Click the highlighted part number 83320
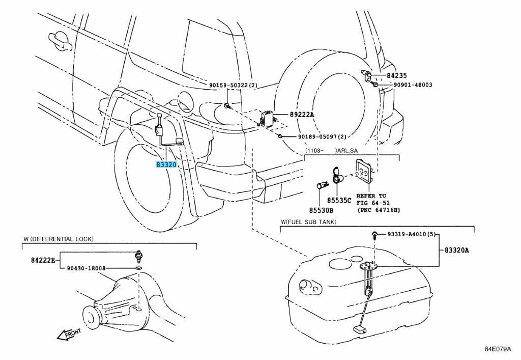tap(166, 164)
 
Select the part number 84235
tap(396, 75)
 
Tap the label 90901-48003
tap(412, 85)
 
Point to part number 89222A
tap(302, 115)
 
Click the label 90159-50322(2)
tap(235, 85)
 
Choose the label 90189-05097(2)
tap(322, 136)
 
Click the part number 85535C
tap(339, 200)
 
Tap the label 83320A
tap(456, 250)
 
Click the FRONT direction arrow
tap(69, 334)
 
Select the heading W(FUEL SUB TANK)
tap(308, 222)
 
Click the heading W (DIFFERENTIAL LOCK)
tap(58, 239)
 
